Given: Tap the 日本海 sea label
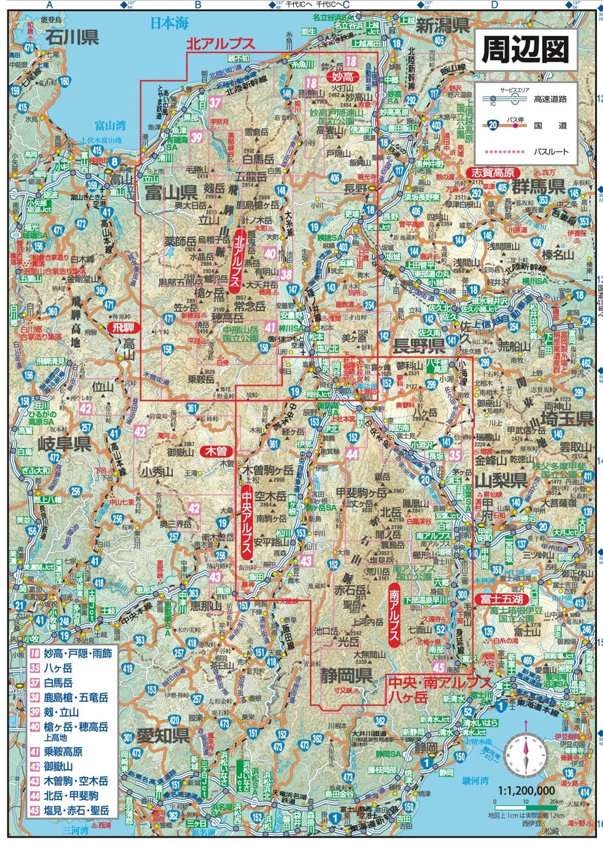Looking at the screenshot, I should [x=169, y=24].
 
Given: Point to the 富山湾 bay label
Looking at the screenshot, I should [x=110, y=125].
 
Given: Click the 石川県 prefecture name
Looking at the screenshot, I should [x=72, y=37].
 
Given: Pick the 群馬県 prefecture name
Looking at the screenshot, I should [x=538, y=186].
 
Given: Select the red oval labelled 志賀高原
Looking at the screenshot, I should [x=493, y=172].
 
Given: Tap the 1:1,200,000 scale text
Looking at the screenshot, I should [x=526, y=791].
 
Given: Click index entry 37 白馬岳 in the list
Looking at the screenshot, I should [x=58, y=682].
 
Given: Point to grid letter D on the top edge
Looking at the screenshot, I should [x=494, y=5].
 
